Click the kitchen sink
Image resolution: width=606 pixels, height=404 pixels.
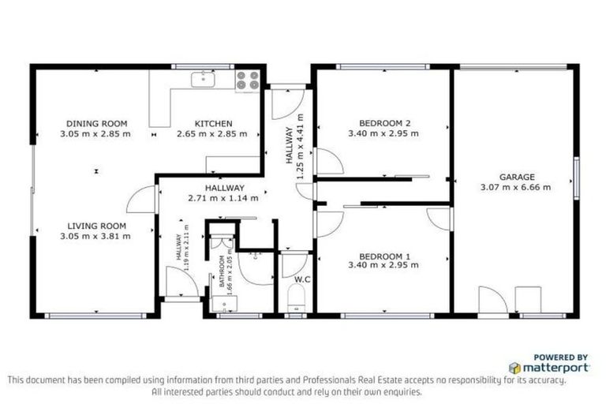coord(203,79)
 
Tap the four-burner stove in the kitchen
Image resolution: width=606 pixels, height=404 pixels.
coord(248,80)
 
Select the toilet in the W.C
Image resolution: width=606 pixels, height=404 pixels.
coord(297,298)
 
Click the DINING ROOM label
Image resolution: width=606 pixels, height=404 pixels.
coord(96,124)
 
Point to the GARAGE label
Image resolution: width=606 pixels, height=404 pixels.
coord(517,177)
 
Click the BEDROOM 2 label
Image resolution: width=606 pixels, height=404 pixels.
coord(384,123)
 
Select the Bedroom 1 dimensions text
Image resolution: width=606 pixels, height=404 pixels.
coord(383,265)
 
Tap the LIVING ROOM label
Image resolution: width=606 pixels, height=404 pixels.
coord(96,226)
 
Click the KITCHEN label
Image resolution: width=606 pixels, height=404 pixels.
coord(213,124)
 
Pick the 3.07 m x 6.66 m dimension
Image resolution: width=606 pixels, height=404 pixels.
coord(515,188)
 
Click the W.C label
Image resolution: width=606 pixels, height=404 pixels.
coord(302,279)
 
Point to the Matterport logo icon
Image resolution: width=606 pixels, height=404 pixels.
coord(514,368)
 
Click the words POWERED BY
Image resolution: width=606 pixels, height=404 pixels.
coord(561,357)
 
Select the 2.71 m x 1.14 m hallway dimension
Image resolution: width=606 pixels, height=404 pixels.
coord(223,198)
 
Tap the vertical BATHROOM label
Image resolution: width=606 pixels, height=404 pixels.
coord(222,271)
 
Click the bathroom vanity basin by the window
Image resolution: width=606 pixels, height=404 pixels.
coord(225,304)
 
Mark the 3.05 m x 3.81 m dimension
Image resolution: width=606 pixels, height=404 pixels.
coord(95,236)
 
